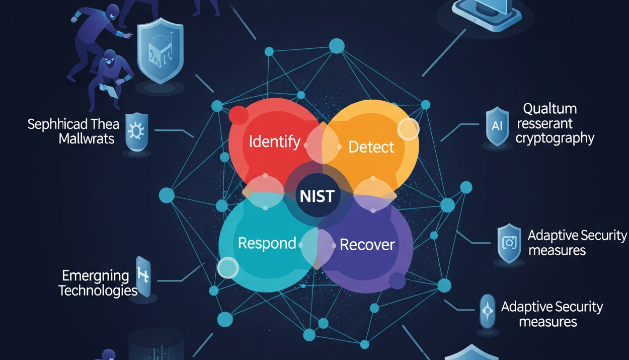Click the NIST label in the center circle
coord(317,196)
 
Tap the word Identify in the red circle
coord(275,142)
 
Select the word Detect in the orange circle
coord(371,147)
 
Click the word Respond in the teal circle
coord(267,243)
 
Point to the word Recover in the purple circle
coord(367,245)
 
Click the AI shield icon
coord(497,126)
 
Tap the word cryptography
coord(555,138)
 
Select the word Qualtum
coord(549,109)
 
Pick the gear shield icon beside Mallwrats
coord(136,131)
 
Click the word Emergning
coord(95,276)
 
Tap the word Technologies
coord(98,291)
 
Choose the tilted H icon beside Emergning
coord(143,276)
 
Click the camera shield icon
coord(509,243)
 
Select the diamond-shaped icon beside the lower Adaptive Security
coord(488,312)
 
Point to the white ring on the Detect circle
coord(408,129)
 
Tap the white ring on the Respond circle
coord(227,268)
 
